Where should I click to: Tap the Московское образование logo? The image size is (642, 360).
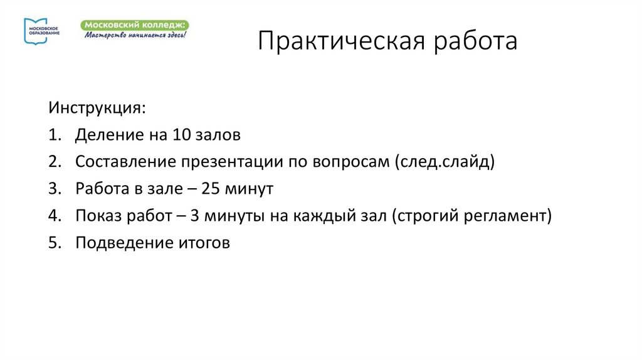tap(41, 31)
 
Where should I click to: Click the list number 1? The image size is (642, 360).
tap(52, 135)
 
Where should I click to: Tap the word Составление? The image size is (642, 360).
tap(125, 162)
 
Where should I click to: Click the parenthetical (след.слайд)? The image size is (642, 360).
tap(445, 162)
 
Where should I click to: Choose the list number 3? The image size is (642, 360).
tap(52, 189)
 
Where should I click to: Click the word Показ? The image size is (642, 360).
tap(95, 216)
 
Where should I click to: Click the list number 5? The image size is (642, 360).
tap(52, 243)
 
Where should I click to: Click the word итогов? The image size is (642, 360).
tap(199, 243)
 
